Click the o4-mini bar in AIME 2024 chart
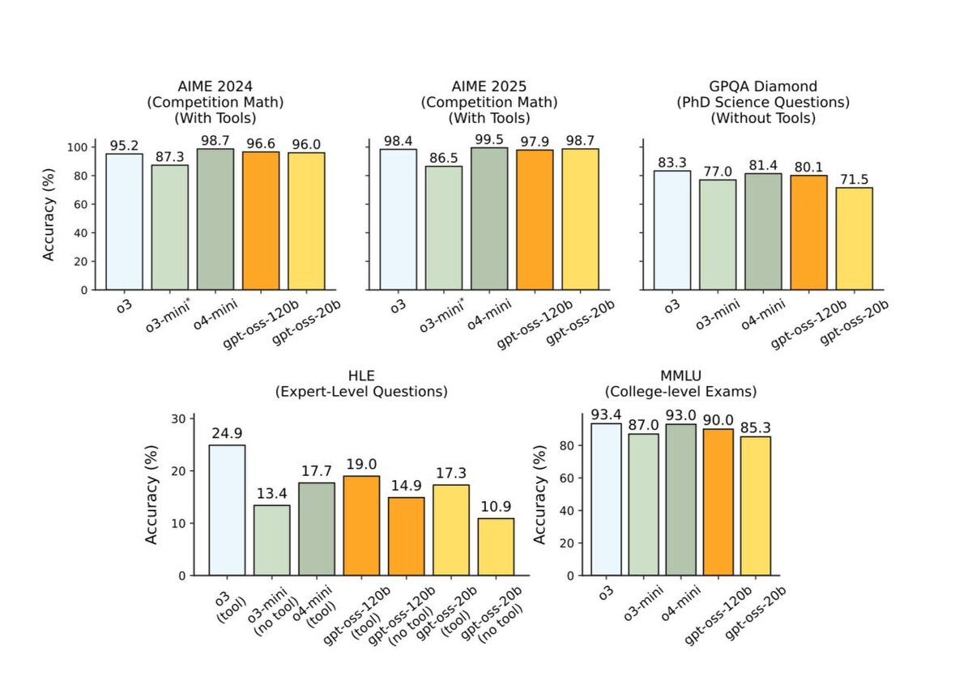pyautogui.click(x=215, y=219)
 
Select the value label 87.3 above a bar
pyautogui.click(x=169, y=157)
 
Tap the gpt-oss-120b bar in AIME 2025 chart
pyautogui.click(x=535, y=219)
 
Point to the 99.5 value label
pyautogui.click(x=489, y=140)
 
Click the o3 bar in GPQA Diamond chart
pyautogui.click(x=672, y=230)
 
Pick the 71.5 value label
pyautogui.click(x=855, y=180)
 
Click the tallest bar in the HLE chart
pyautogui.click(x=227, y=510)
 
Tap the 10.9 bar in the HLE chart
pyautogui.click(x=495, y=546)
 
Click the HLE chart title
pyautogui.click(x=361, y=384)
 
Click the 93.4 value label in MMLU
pyautogui.click(x=606, y=415)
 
